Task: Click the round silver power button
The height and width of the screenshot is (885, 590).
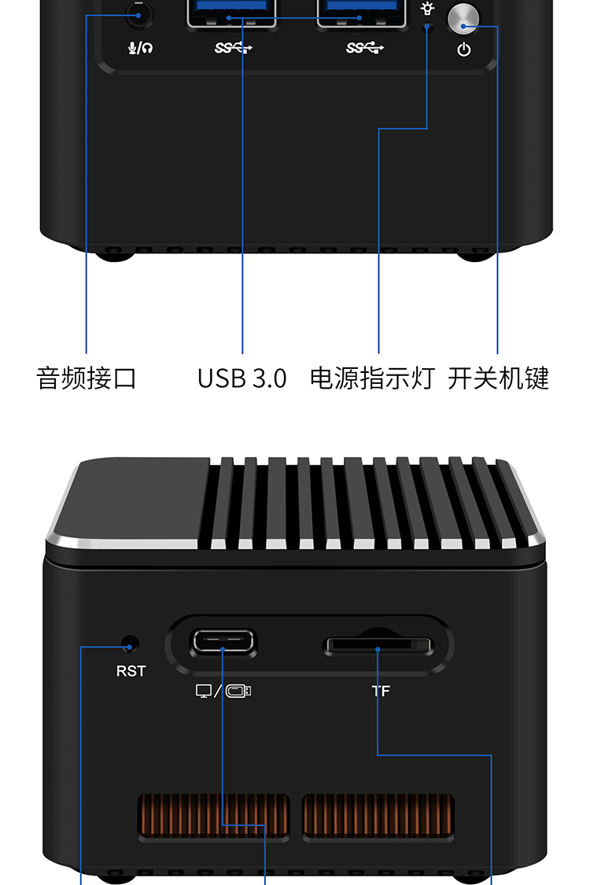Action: (463, 19)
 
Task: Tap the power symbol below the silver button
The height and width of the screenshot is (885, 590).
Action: (464, 50)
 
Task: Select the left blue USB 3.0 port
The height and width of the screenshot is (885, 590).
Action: (231, 13)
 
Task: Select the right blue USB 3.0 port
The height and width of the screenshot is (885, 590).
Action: (361, 13)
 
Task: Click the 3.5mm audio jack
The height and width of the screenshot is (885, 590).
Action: (139, 14)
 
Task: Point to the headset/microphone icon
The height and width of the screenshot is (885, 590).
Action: (140, 48)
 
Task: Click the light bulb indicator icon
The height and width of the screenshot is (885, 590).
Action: (427, 9)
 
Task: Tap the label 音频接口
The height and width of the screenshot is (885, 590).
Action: (87, 378)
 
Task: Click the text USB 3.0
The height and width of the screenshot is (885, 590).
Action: (242, 378)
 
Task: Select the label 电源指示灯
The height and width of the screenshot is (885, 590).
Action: (373, 378)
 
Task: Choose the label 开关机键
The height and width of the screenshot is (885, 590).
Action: (499, 378)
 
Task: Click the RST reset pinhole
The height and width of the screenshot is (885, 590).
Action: (131, 644)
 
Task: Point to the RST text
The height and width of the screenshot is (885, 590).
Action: (131, 671)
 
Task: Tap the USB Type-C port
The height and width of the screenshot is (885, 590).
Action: (223, 642)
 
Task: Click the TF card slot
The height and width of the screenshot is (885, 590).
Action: (378, 646)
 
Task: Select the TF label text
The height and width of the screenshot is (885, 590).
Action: (381, 691)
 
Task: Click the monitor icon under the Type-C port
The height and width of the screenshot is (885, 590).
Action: (203, 691)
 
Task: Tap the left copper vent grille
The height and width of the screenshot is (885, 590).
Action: (214, 816)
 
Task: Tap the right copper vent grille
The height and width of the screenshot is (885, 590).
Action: (378, 816)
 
